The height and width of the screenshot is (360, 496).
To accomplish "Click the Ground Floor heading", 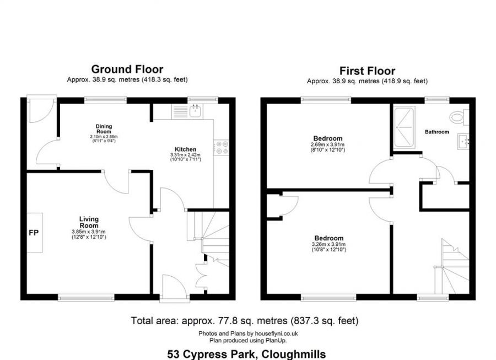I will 127,69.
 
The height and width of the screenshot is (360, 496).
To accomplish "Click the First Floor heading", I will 367,71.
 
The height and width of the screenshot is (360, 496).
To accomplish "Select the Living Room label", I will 89,222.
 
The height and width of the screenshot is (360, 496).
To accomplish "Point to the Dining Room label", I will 104,129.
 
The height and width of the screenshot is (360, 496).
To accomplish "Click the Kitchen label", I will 185,149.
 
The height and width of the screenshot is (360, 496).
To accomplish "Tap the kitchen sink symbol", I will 195,112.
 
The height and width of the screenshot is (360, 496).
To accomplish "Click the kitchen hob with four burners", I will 223,147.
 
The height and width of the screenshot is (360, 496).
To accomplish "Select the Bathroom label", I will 436,132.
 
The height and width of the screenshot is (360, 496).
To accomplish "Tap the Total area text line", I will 244,320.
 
